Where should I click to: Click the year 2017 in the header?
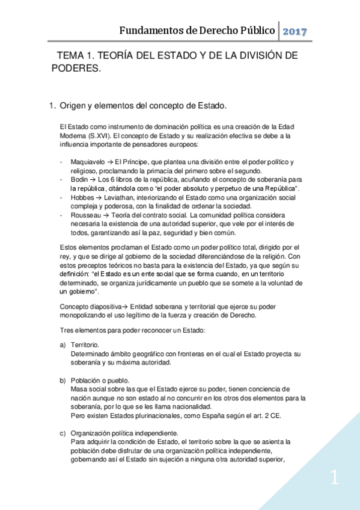[295, 31]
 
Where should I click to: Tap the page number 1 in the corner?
[334, 479]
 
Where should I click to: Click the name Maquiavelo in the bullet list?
[87, 162]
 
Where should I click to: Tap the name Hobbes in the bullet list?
[81, 197]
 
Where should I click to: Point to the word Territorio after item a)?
[85, 345]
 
